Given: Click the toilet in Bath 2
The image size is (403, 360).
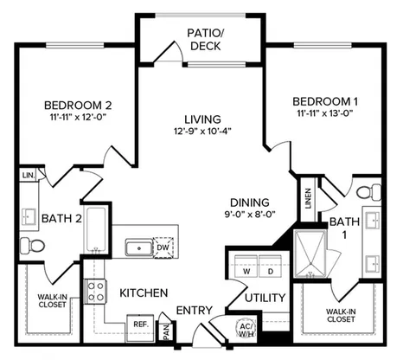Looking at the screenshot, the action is (x=32, y=246).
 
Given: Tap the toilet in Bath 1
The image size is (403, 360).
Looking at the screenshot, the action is (x=368, y=192).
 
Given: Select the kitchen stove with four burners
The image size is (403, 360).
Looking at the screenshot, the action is (x=95, y=292).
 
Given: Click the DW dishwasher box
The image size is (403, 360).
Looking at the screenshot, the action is (x=163, y=247).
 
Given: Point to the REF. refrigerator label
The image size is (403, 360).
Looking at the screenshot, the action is (x=141, y=325).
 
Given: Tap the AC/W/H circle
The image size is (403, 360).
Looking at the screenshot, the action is (x=246, y=330).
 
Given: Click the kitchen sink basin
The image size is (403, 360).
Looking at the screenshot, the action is (x=139, y=248).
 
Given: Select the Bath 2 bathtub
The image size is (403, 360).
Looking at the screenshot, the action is (x=95, y=229).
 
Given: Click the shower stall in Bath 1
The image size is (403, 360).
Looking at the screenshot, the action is (x=310, y=253).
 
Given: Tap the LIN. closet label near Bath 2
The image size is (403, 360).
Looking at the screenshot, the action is (x=29, y=175).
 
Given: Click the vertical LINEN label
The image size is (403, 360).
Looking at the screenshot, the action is (x=309, y=198).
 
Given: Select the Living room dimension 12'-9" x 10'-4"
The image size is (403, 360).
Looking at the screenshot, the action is (x=203, y=132).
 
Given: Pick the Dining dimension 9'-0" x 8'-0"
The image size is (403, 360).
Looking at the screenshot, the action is (x=250, y=214).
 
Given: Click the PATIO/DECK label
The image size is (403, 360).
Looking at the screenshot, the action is (x=205, y=40).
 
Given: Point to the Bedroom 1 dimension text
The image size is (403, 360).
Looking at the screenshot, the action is (x=325, y=112).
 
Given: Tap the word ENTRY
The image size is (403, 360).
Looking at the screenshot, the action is (x=194, y=311).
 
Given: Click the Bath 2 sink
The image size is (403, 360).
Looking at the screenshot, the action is (x=29, y=217).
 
